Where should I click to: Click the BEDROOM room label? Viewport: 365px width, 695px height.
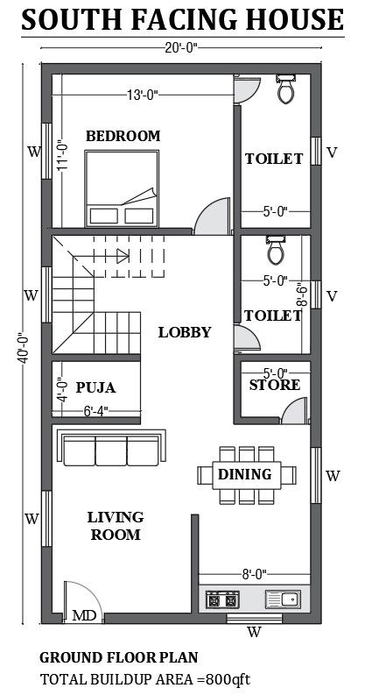point(123,136)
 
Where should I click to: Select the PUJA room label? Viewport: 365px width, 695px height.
point(95,387)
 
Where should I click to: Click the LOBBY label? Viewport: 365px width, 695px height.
point(184,332)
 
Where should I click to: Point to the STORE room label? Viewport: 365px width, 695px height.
point(274,385)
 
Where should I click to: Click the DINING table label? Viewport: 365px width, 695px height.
point(244,474)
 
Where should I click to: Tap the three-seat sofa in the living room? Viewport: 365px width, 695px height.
point(111,449)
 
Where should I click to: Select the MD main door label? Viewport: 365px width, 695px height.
point(84,616)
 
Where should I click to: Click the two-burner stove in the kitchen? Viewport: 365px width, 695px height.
point(221,600)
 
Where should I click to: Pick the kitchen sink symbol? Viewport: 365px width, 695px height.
point(282,600)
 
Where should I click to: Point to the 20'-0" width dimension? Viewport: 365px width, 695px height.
point(183,47)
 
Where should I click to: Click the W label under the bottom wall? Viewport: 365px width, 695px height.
point(253,631)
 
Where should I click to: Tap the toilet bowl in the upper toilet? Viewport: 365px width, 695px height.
point(285,89)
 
